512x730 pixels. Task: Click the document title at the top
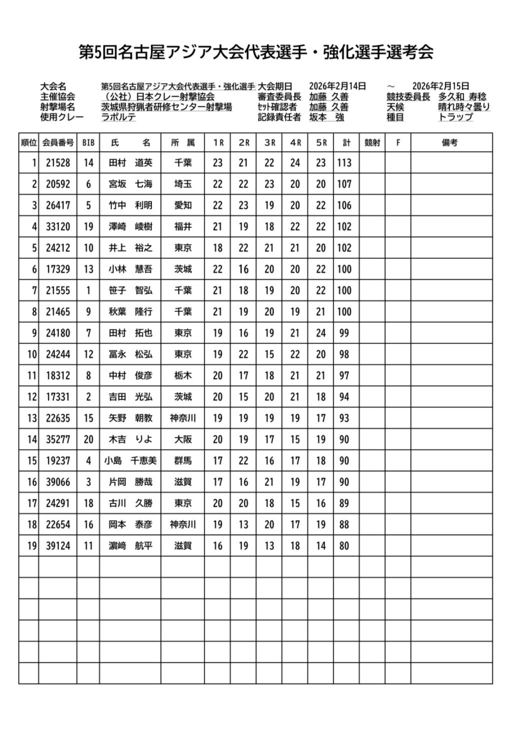256,52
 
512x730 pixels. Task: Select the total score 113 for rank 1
344,163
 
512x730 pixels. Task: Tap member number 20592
58,184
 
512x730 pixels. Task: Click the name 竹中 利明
130,206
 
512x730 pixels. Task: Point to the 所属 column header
183,143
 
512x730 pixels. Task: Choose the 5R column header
321,143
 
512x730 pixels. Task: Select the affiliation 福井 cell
183,227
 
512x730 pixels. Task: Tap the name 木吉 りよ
130,440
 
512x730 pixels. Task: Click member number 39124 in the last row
58,546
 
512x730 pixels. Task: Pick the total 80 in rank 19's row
344,546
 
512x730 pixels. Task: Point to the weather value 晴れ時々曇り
464,107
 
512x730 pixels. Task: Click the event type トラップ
455,118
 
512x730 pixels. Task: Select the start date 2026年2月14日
337,87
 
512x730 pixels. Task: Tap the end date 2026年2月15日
440,87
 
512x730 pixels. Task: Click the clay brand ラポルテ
118,118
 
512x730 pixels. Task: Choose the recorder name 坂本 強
326,118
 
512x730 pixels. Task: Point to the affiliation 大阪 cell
183,440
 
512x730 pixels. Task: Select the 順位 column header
29,143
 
